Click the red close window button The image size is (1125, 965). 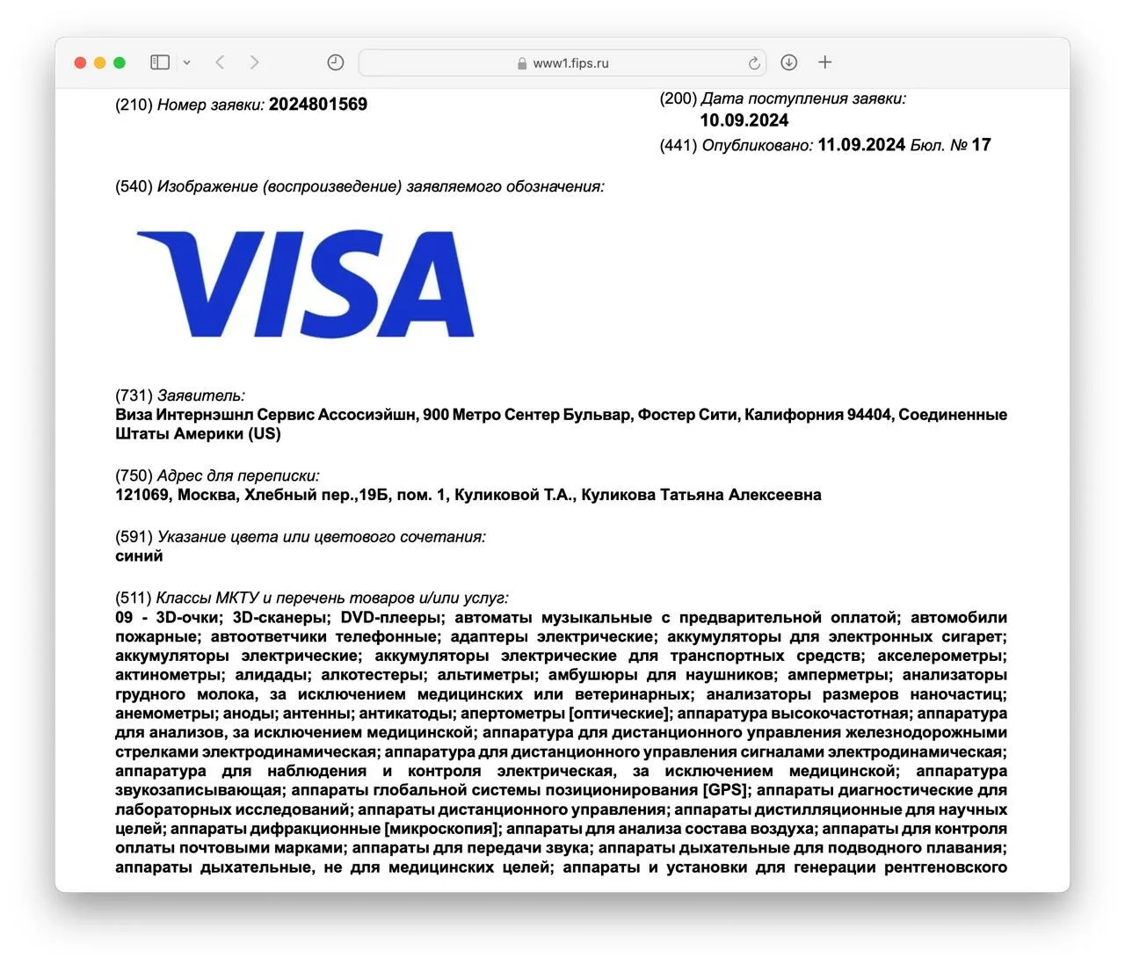tap(80, 62)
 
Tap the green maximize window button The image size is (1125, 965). tap(120, 62)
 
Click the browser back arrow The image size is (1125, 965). tap(220, 62)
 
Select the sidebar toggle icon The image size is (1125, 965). tap(160, 62)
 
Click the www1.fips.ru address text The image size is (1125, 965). tap(570, 63)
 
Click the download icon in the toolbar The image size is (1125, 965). tap(789, 62)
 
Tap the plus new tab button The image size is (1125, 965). tap(824, 62)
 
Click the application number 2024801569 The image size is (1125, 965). tap(317, 105)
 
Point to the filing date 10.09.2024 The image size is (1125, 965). tap(744, 120)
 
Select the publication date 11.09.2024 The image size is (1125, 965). tap(860, 145)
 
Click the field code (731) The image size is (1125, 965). tap(134, 395)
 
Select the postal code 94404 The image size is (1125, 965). tap(868, 415)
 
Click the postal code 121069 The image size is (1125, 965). tap(142, 495)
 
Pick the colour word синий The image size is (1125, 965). tap(139, 556)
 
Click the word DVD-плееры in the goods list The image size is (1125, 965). tap(389, 618)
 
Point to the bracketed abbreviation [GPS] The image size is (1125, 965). tap(725, 790)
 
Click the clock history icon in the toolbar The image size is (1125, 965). tap(335, 62)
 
